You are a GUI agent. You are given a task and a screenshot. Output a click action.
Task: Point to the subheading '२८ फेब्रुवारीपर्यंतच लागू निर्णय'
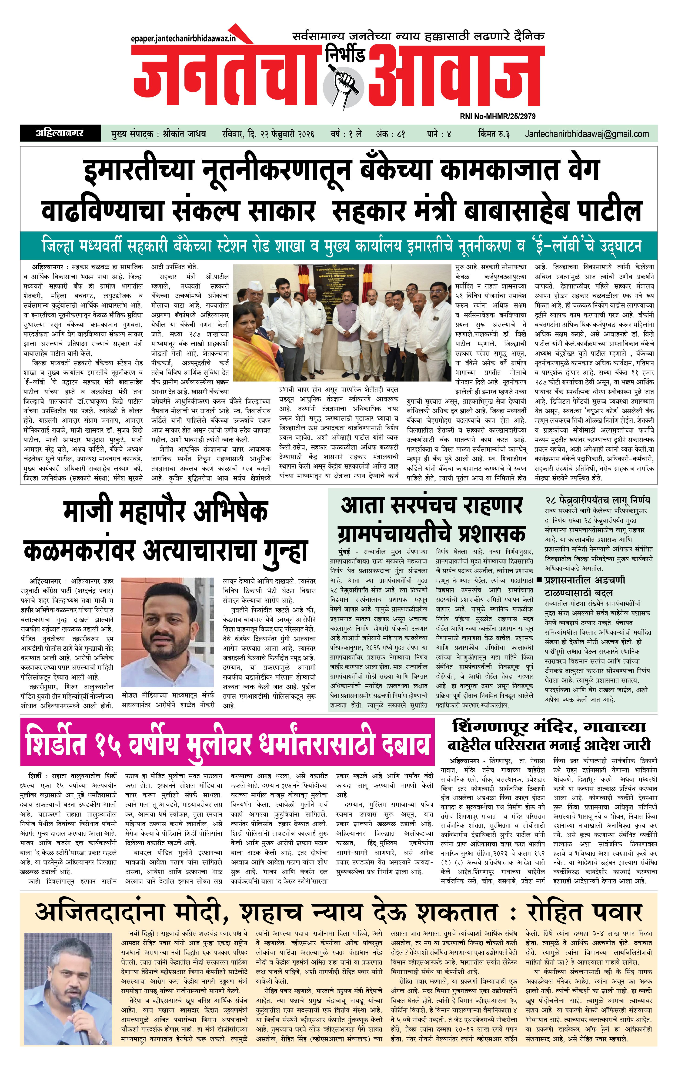(x=597, y=500)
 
